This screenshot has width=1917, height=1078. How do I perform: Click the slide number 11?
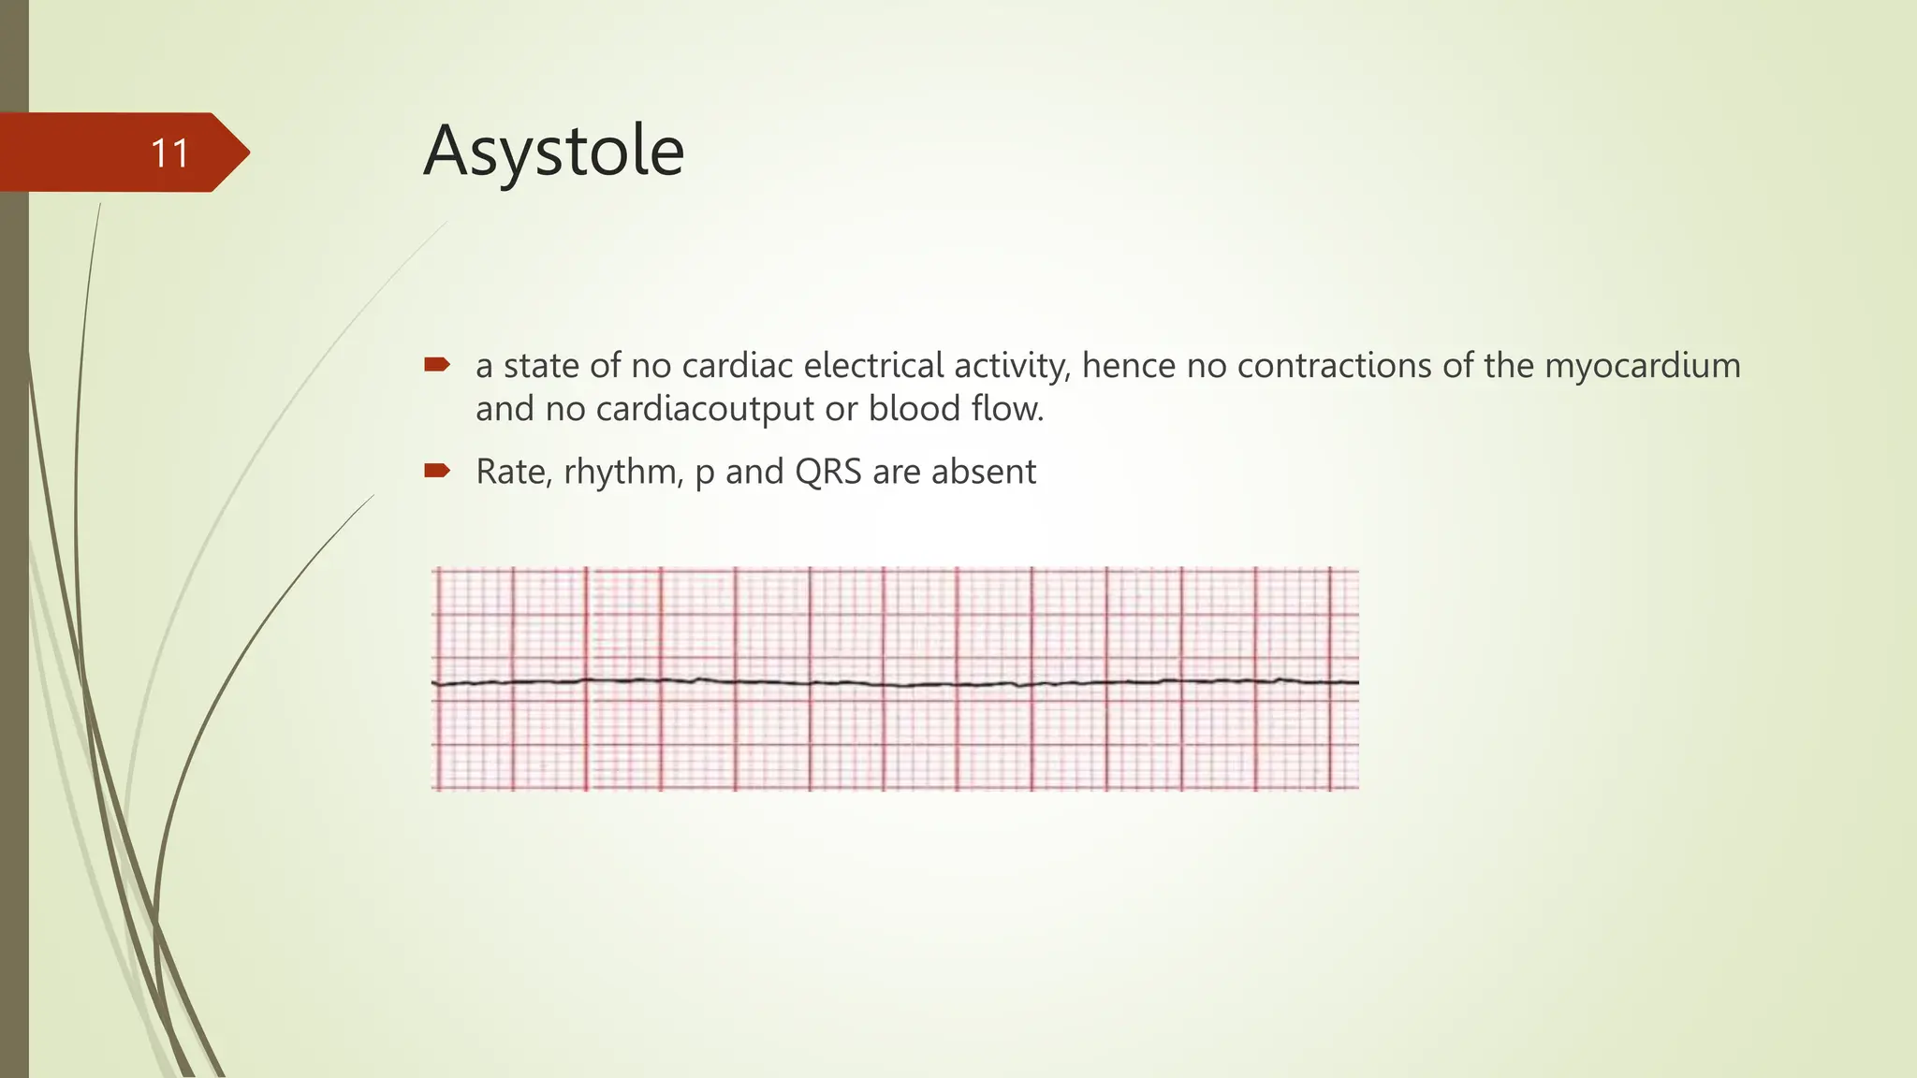[x=170, y=153]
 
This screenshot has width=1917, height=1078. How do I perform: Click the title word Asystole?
[x=553, y=151]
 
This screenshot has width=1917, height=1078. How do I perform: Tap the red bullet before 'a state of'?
[x=437, y=364]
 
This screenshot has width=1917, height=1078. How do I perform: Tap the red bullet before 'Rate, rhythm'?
[x=437, y=470]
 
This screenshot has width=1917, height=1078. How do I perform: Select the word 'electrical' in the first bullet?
[x=873, y=365]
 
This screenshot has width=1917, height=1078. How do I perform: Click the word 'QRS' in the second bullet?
[x=827, y=472]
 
